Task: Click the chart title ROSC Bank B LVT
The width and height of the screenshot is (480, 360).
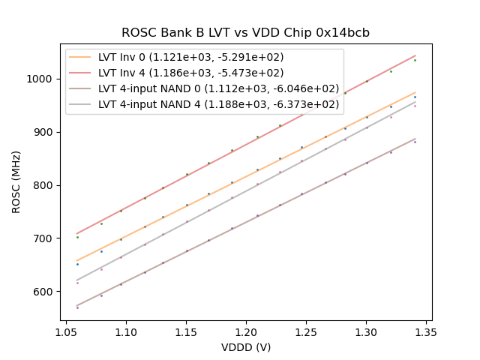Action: pyautogui.click(x=245, y=33)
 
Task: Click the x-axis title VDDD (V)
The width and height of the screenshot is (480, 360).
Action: pyautogui.click(x=245, y=347)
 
